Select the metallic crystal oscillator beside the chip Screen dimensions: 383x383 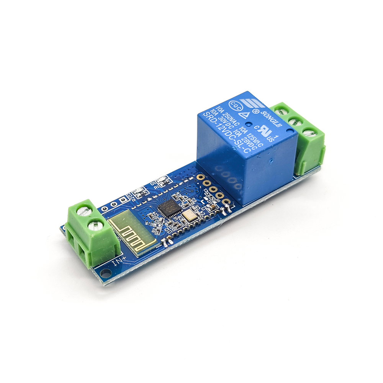pyautogui.click(x=189, y=216)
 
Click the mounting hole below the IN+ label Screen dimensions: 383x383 pyautogui.click(x=105, y=272)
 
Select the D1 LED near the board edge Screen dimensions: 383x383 pyautogui.click(x=161, y=179)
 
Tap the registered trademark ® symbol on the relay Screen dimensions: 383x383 pyautogui.click(x=254, y=111)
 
